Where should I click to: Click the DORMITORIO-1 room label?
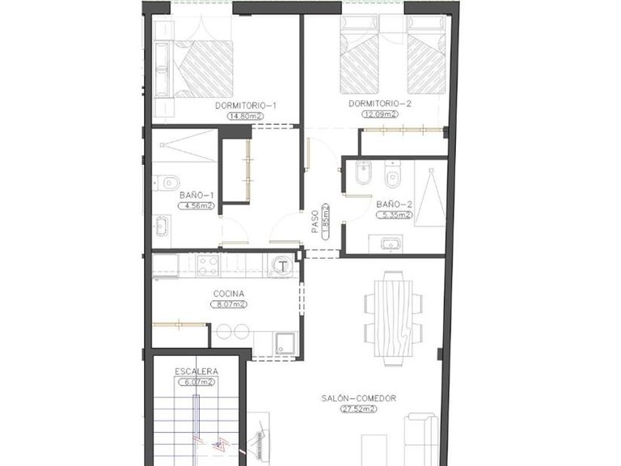[x=246, y=106]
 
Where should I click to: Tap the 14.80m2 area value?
[x=245, y=116]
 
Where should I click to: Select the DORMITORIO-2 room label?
[x=380, y=104]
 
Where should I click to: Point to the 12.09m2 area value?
[x=380, y=115]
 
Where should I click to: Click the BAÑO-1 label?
[x=196, y=195]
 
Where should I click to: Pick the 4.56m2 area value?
[x=198, y=205]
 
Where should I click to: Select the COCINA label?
[x=229, y=294]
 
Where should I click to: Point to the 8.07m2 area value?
[x=229, y=304]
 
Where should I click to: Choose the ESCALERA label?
[x=196, y=371]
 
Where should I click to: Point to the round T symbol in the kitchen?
[x=282, y=264]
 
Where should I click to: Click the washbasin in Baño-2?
[x=391, y=242]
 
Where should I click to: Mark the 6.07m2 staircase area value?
[x=196, y=381]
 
